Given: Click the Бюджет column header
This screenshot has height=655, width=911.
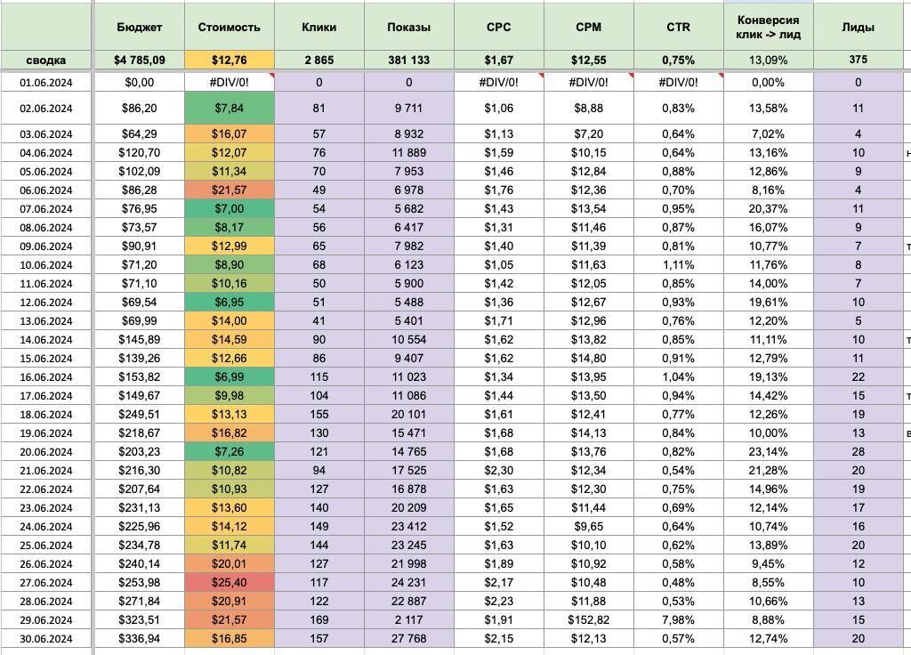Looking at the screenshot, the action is tap(139, 28).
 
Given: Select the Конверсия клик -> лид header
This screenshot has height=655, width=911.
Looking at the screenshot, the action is tap(768, 28).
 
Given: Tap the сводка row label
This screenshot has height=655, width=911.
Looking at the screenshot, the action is tap(46, 60).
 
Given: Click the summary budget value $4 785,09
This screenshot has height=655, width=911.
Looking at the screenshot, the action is tap(139, 60).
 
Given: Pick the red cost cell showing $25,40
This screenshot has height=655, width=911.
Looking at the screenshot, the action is tap(229, 582).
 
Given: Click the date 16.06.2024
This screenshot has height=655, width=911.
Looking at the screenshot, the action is tap(46, 377).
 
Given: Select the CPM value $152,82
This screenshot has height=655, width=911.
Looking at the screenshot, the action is tap(589, 619).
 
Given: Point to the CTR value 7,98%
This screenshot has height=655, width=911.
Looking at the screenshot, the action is tap(678, 619).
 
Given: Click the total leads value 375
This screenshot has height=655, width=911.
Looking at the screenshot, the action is tap(859, 60).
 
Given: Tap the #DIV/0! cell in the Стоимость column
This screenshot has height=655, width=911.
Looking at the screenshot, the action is tap(229, 83).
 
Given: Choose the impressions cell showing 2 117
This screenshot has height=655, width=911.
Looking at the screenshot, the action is tap(409, 619).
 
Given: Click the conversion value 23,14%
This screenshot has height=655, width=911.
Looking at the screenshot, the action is tap(768, 451).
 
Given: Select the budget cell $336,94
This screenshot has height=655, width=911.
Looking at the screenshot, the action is tap(139, 638).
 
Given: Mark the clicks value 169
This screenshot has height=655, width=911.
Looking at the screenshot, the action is tap(319, 619).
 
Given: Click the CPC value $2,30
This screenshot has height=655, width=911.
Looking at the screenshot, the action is tap(498, 470).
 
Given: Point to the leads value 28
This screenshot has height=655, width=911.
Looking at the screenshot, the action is tap(859, 451).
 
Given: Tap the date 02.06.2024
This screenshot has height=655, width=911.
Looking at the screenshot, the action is tap(46, 109).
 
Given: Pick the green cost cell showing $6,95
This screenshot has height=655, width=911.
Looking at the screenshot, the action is tap(229, 303).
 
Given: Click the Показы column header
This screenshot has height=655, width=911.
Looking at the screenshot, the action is tap(409, 28).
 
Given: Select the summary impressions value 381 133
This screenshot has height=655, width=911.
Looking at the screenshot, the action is tap(409, 60).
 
